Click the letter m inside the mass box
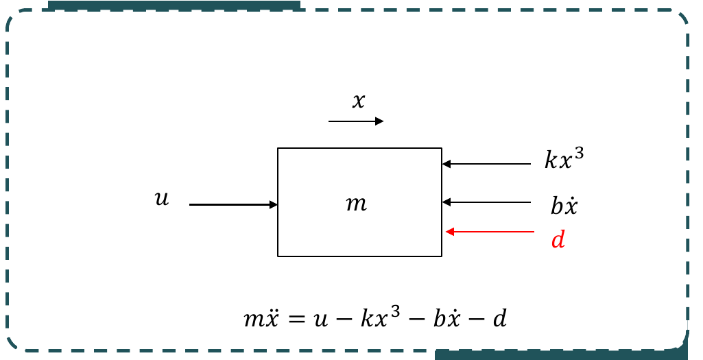pos(357,204)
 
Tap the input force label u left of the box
pos(162,199)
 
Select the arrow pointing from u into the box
pos(233,205)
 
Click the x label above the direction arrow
pos(358,101)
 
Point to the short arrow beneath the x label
pos(356,121)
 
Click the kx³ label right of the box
pos(564,159)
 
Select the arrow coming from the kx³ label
pos(486,164)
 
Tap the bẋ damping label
pos(564,206)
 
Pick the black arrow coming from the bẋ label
pos(486,203)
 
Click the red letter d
pos(558,240)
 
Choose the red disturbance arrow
pos(490,232)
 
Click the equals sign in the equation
pos(298,320)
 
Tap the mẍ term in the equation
pos(261,318)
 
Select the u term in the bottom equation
pos(320,320)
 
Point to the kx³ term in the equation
pos(380,317)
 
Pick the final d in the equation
pos(499,318)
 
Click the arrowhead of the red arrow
pos(450,232)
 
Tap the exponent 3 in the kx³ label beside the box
pos(579,154)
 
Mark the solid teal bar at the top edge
pos(174,5)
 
